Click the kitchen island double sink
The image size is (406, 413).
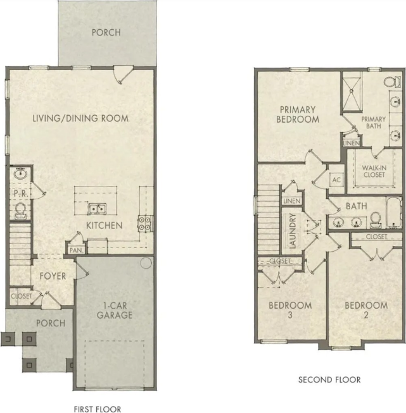[97, 209]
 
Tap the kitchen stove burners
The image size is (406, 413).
[145, 223]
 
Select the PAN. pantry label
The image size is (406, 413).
[76, 250]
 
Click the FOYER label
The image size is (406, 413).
[53, 276]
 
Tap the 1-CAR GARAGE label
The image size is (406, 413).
[115, 311]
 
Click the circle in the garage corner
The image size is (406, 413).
[146, 263]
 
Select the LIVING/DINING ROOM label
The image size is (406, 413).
[80, 118]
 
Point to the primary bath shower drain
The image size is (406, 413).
[352, 91]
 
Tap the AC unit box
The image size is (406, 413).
[336, 180]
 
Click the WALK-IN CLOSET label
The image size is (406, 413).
[374, 171]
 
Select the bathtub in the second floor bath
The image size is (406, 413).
[394, 213]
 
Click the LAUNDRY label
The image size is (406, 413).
[293, 231]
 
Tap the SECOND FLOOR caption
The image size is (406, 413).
[329, 379]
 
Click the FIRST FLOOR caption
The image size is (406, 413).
[98, 409]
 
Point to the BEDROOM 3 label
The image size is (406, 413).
[290, 310]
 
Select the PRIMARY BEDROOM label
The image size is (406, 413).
[298, 114]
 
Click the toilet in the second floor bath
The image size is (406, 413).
[376, 220]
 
